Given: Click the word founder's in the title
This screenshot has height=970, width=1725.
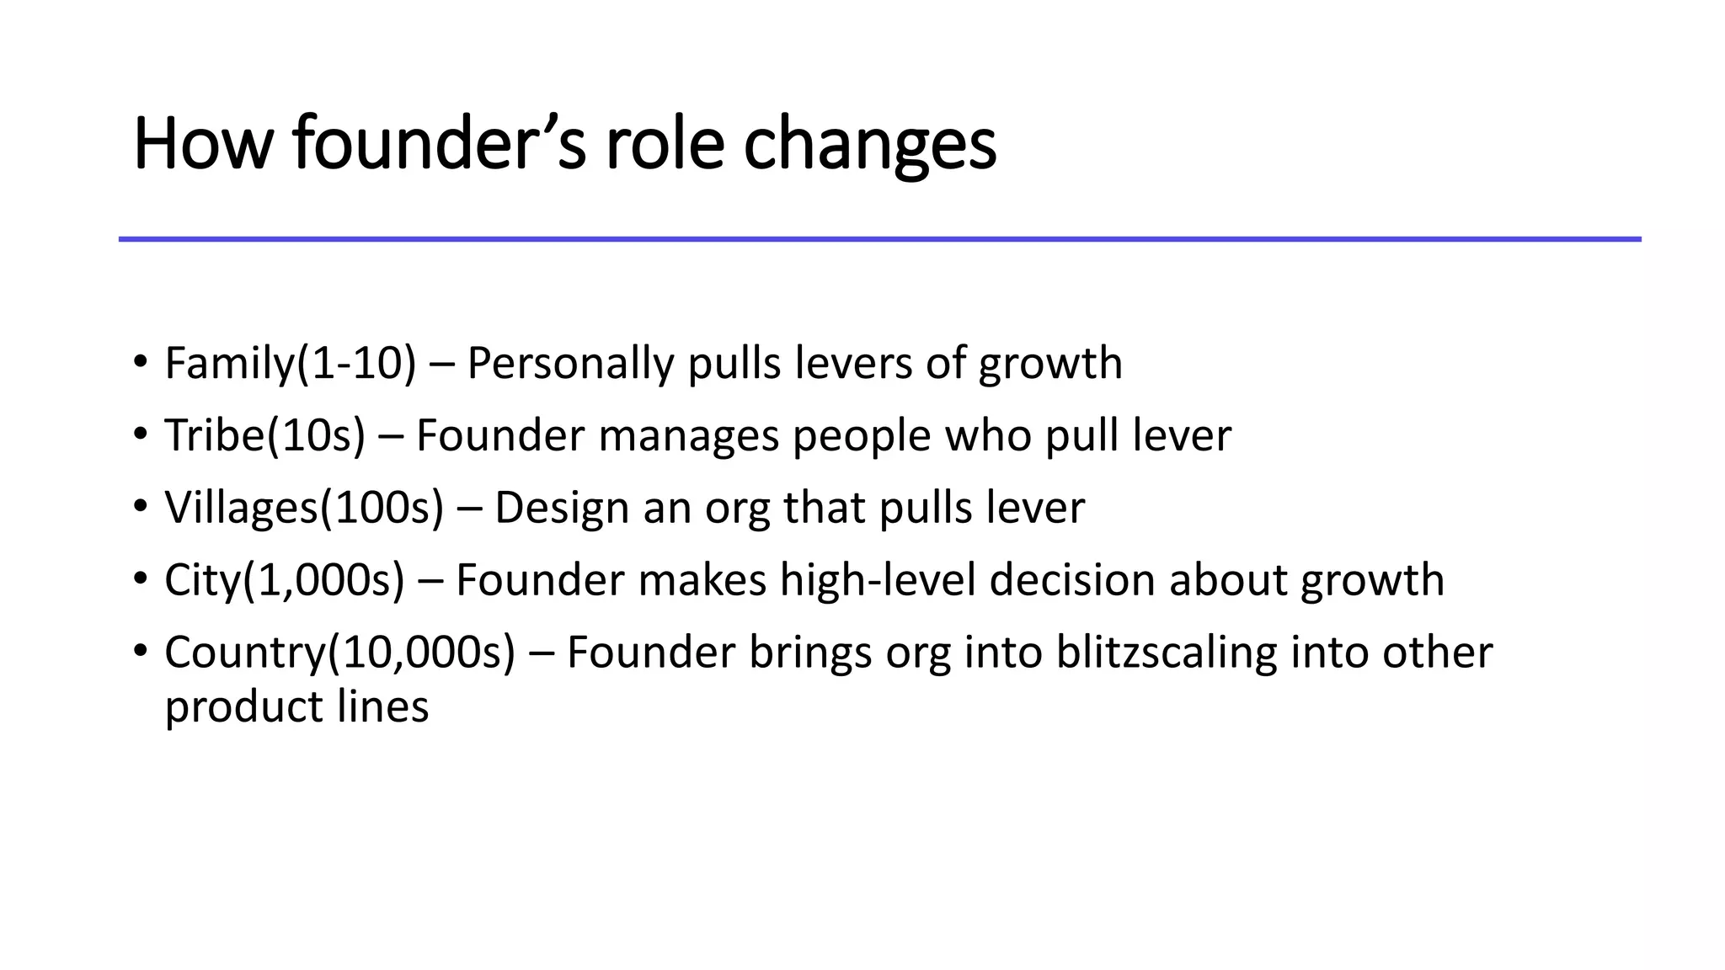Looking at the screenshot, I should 439,144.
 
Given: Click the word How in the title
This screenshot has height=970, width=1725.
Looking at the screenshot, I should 203,144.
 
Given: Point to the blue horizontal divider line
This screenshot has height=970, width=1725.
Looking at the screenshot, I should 879,239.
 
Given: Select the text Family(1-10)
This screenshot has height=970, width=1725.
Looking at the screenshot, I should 290,364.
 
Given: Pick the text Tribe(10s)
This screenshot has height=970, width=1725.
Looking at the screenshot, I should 264,436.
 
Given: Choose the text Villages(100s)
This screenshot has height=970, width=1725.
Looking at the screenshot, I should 303,509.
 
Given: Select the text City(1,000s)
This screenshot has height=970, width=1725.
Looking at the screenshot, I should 284,581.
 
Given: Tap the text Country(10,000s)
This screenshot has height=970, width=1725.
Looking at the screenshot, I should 339,653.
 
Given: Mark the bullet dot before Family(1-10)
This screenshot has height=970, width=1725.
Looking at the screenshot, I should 140,364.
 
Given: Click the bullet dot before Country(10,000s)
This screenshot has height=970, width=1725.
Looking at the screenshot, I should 140,653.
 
